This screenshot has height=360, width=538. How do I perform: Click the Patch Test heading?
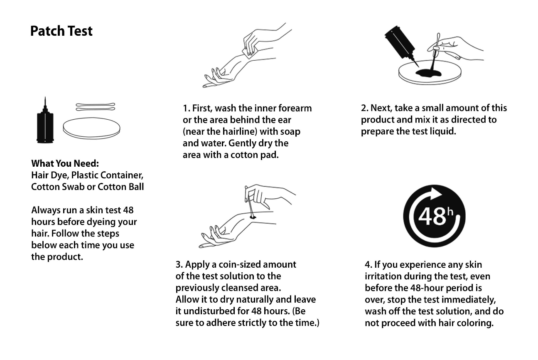click(61, 31)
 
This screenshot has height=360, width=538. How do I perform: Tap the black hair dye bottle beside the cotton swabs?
click(45, 124)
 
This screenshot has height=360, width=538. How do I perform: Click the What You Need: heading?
click(65, 163)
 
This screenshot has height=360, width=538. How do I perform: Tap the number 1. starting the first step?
click(186, 108)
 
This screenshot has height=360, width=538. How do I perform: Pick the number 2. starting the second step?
click(364, 108)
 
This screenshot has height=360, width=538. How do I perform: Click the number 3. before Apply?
click(179, 265)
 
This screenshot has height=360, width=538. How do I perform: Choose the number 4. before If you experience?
click(368, 265)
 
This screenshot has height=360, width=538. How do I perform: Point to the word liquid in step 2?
click(445, 132)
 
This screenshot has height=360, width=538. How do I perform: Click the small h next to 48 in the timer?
click(451, 212)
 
